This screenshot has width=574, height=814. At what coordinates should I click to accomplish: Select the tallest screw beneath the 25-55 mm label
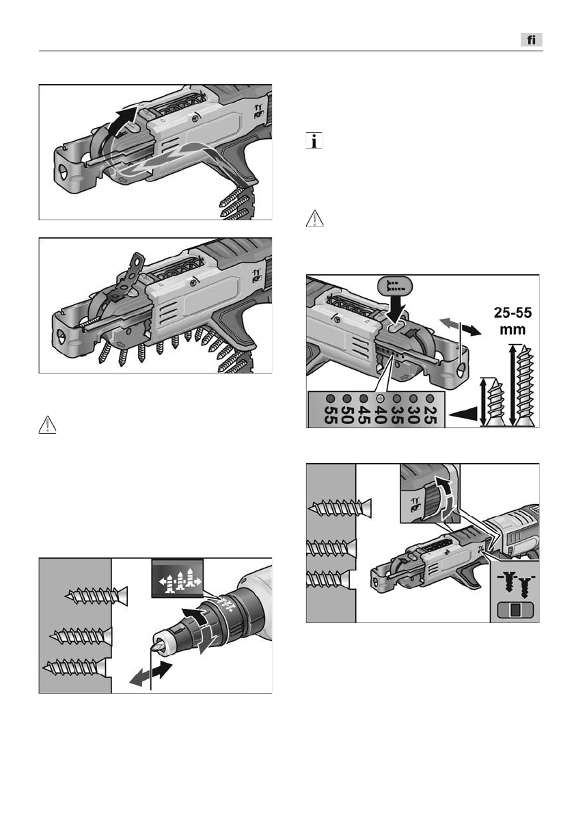point(525,387)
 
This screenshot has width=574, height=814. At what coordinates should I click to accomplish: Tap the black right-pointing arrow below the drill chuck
point(163,670)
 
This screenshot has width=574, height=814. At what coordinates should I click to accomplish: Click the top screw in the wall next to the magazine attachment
point(340,507)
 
